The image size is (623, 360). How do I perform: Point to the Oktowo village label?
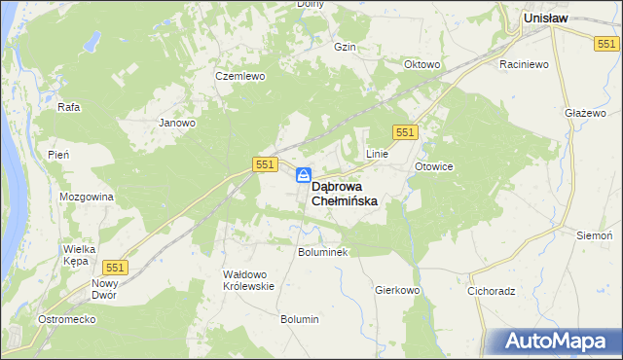coord(422,65)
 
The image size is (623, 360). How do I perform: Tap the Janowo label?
coord(178,124)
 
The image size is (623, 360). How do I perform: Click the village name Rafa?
coord(68,107)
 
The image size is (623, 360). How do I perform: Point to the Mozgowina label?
coord(87,197)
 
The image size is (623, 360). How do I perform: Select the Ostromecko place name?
coord(64,320)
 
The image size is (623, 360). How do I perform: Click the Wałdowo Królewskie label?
coord(250,280)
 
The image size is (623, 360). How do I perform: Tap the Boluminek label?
coord(322,252)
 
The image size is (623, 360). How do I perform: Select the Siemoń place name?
coord(595,236)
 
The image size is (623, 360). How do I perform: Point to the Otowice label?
coord(434,166)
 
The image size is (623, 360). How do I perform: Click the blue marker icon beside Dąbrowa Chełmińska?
coord(304,175)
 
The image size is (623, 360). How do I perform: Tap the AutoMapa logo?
coord(554,342)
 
